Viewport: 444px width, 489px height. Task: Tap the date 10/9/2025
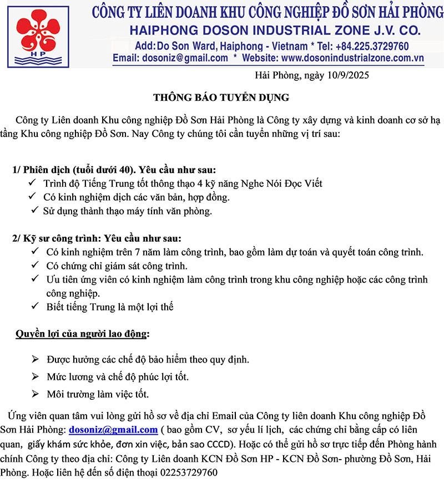pyautogui.click(x=346, y=75)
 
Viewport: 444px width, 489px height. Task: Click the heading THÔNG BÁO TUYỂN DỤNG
pyautogui.click(x=221, y=98)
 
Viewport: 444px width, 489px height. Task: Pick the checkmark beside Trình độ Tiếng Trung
pyautogui.click(x=32, y=183)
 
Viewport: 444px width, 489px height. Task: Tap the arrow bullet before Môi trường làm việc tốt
pyautogui.click(x=36, y=394)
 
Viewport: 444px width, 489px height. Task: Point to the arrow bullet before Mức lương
pyautogui.click(x=36, y=377)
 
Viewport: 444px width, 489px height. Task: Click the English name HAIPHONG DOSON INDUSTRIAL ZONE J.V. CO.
pyautogui.click(x=274, y=30)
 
